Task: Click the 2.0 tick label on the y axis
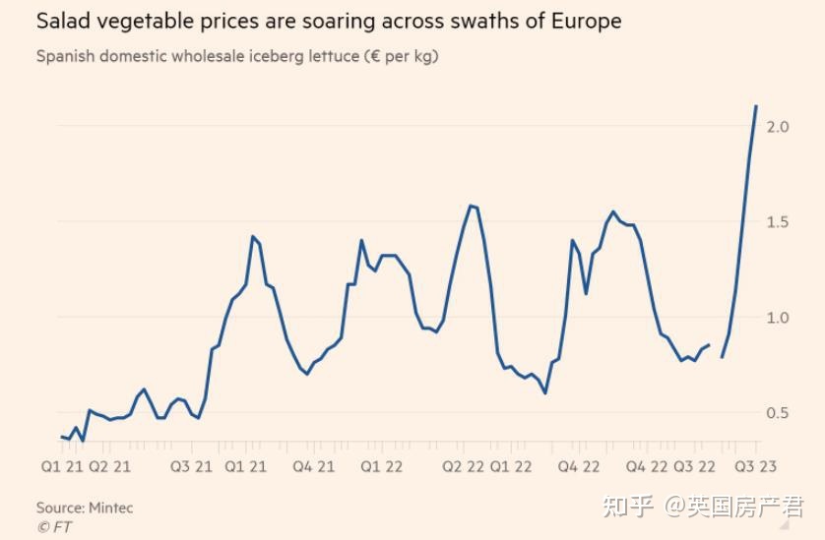(777, 127)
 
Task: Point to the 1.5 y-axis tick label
(777, 222)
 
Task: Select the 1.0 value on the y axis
(777, 318)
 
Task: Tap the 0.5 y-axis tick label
(777, 413)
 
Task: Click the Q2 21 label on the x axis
(110, 465)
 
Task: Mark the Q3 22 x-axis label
(695, 465)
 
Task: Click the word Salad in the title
(62, 21)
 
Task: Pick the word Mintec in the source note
(108, 508)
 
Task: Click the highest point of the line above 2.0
(756, 105)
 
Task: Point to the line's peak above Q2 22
(471, 206)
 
